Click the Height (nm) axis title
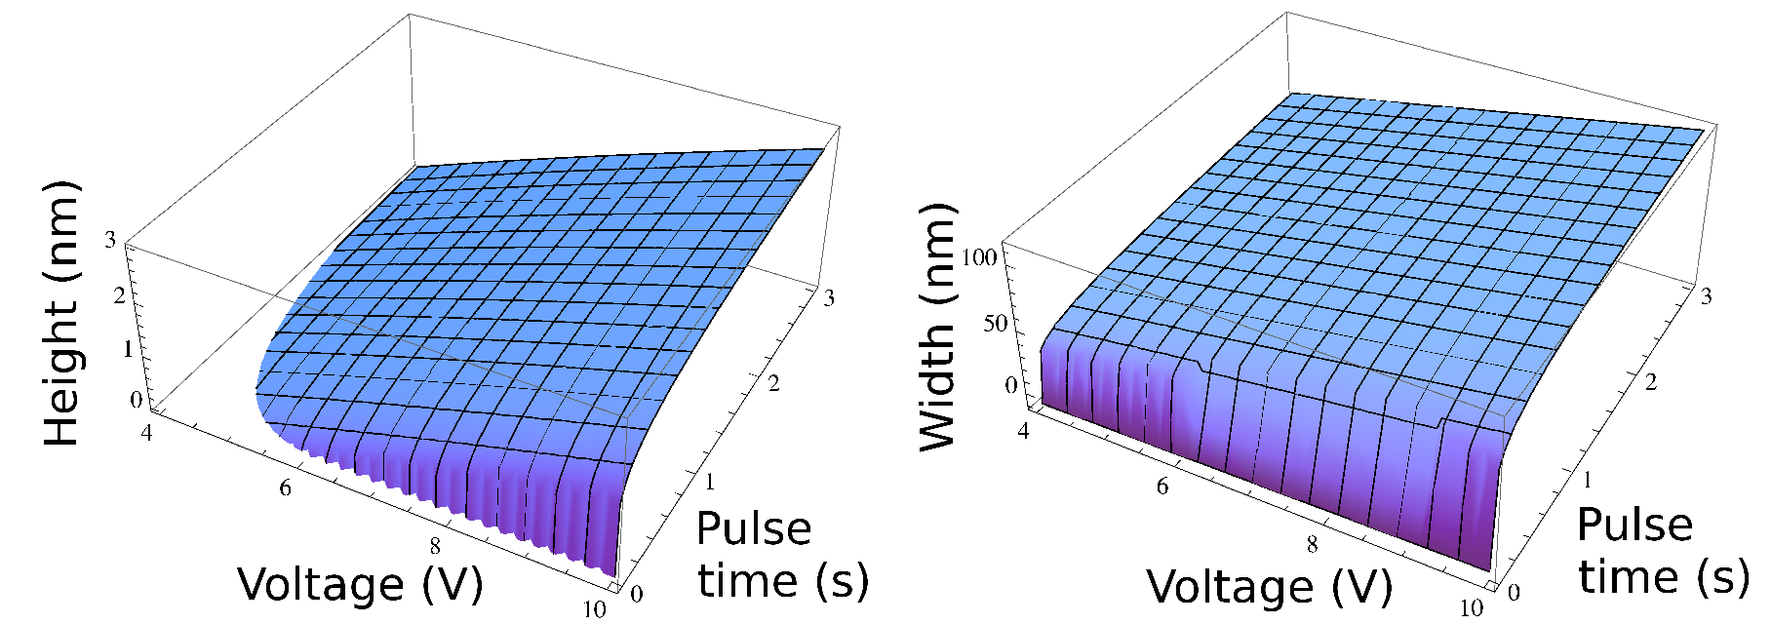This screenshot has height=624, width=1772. (x=61, y=314)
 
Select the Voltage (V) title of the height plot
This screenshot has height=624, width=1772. (x=360, y=584)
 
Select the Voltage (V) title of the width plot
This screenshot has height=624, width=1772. (x=1269, y=586)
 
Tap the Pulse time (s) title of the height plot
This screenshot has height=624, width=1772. (x=780, y=555)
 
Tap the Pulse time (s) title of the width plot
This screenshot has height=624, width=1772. (x=1661, y=551)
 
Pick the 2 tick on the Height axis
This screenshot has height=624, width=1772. (x=120, y=293)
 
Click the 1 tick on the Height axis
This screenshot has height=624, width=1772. (x=127, y=348)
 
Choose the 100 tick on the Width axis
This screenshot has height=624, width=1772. (x=979, y=257)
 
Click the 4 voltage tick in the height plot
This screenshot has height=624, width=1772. (x=147, y=431)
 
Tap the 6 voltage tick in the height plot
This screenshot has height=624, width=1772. (x=285, y=487)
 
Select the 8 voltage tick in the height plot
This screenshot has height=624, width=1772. (x=435, y=546)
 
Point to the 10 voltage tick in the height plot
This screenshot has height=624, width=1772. (x=594, y=609)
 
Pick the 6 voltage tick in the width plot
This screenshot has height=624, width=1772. (x=1162, y=486)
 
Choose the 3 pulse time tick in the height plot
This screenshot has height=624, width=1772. (x=829, y=298)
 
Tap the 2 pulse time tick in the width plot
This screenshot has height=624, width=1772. (x=1651, y=382)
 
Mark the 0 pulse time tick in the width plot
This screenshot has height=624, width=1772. (x=1513, y=592)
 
